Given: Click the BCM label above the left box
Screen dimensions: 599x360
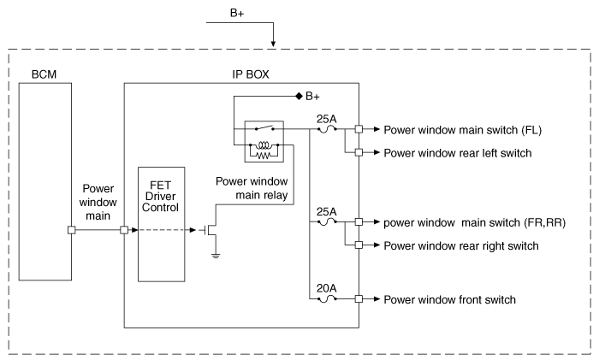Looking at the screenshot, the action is [x=44, y=74].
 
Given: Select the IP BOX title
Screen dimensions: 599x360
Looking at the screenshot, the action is [x=251, y=74].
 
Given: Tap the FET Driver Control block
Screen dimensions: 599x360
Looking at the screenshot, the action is [x=161, y=224].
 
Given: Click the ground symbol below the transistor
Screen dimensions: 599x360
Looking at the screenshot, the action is [x=216, y=255].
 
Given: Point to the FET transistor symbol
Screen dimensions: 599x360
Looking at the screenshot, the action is [x=210, y=230].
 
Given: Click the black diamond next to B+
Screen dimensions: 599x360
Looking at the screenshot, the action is [x=299, y=97].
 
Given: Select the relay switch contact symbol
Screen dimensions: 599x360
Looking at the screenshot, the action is [x=264, y=128].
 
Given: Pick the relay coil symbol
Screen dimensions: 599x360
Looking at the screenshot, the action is [x=264, y=145].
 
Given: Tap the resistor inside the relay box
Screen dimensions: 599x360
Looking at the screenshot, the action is [x=264, y=156].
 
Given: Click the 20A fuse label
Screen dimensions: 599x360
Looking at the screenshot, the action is [x=326, y=288].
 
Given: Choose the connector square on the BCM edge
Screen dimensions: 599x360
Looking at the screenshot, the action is [x=71, y=230].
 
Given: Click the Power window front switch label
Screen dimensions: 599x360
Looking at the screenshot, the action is [x=449, y=299].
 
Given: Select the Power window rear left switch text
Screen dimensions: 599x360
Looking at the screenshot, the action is [x=458, y=153].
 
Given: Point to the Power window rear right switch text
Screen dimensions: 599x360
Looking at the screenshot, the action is [x=461, y=246].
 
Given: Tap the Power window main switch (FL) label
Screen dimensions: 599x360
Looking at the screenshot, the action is [x=463, y=130].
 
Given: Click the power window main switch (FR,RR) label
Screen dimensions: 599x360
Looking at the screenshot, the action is [x=474, y=222].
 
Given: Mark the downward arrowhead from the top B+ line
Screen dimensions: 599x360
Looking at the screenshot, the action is [x=273, y=43].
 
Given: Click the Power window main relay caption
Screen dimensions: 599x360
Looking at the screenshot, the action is [x=252, y=188].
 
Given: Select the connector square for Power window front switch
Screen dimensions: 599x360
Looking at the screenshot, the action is [x=359, y=299].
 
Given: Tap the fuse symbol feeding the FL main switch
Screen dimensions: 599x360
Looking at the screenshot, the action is [x=327, y=130].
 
